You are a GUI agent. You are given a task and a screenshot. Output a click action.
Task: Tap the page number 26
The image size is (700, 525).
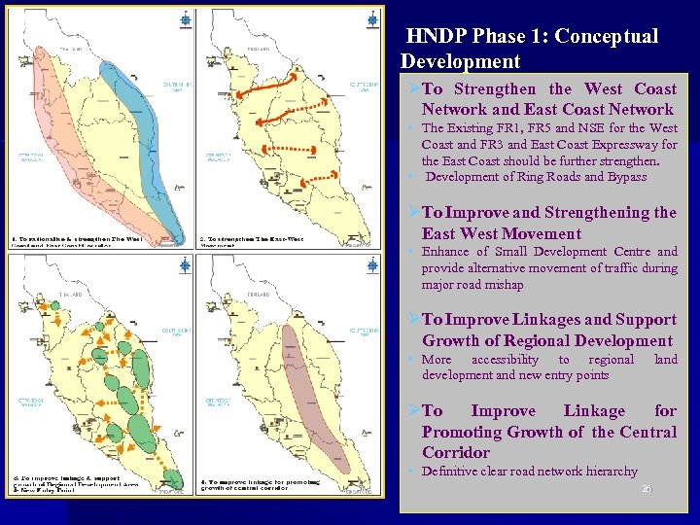click(x=647, y=488)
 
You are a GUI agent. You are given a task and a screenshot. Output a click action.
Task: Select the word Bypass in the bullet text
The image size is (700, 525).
click(x=625, y=177)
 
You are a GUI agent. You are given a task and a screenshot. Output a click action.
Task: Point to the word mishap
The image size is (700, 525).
click(x=503, y=285)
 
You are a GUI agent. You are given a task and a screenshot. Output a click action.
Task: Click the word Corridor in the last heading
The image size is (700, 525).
click(x=457, y=452)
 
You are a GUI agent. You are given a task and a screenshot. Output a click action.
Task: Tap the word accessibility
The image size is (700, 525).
click(x=505, y=360)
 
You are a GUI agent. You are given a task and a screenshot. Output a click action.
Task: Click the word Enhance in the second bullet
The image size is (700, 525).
click(x=445, y=252)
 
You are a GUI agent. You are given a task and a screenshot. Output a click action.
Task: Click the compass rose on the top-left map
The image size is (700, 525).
click(x=186, y=18)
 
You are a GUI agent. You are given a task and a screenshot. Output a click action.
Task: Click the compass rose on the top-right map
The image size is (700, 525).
click(x=373, y=18)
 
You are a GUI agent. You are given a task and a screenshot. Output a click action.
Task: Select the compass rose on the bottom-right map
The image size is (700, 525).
click(x=373, y=264)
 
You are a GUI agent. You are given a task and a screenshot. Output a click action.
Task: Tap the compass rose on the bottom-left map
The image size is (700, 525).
click(x=186, y=264)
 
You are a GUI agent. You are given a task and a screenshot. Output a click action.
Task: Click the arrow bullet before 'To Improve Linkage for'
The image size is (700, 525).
click(x=413, y=411)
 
